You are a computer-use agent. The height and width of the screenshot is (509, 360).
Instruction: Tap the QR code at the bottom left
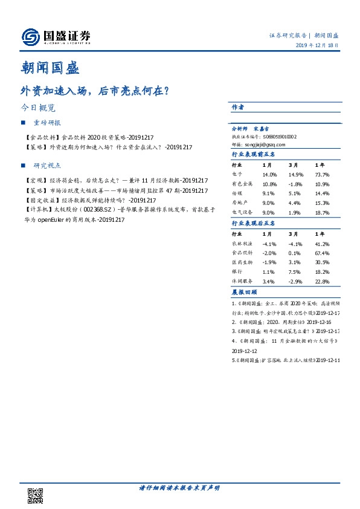tap(36, 495)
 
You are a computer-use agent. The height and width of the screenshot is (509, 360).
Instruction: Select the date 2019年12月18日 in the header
tap(317, 47)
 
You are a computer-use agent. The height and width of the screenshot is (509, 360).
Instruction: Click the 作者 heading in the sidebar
tap(237, 107)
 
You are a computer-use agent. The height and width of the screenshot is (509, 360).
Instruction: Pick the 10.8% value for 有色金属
tap(269, 183)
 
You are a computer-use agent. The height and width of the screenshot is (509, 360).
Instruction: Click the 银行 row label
tap(237, 272)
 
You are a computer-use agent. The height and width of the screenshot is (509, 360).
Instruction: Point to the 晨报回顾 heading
tap(242, 292)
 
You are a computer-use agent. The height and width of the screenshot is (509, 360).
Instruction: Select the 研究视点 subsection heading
tap(47, 165)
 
